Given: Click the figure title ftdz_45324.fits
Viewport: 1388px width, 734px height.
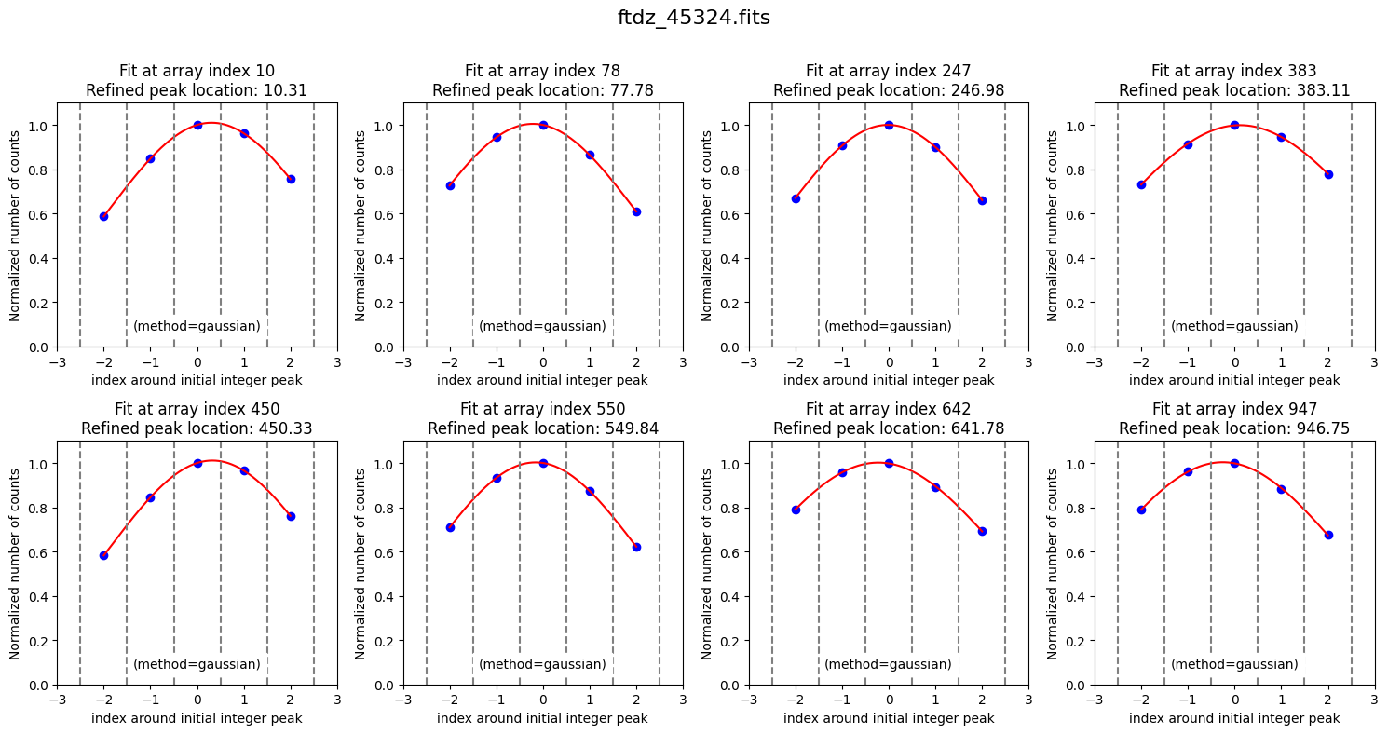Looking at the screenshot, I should [693, 18].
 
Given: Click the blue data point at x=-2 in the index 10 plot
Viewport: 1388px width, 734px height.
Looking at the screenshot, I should [103, 216].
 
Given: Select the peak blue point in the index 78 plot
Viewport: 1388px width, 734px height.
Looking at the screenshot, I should [543, 125].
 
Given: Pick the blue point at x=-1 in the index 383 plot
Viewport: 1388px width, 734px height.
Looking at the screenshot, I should [1188, 144].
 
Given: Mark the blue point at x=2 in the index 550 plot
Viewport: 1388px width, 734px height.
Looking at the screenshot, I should [636, 547].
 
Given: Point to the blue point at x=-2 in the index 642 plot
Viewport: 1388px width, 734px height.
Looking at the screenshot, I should [796, 510].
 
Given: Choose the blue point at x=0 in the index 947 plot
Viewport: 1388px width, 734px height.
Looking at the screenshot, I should [1234, 463].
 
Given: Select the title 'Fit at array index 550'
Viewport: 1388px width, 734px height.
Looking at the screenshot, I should [542, 409].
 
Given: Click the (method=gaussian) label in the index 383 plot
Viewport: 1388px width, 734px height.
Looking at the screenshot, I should [1234, 326].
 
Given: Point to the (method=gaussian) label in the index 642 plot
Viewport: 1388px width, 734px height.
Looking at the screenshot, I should [888, 664].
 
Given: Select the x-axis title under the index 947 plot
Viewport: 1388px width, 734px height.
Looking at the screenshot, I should [1234, 718].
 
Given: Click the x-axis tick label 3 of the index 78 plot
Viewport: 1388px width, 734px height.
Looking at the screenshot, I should [683, 361].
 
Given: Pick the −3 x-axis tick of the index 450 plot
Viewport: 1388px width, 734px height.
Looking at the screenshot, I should [57, 700].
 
